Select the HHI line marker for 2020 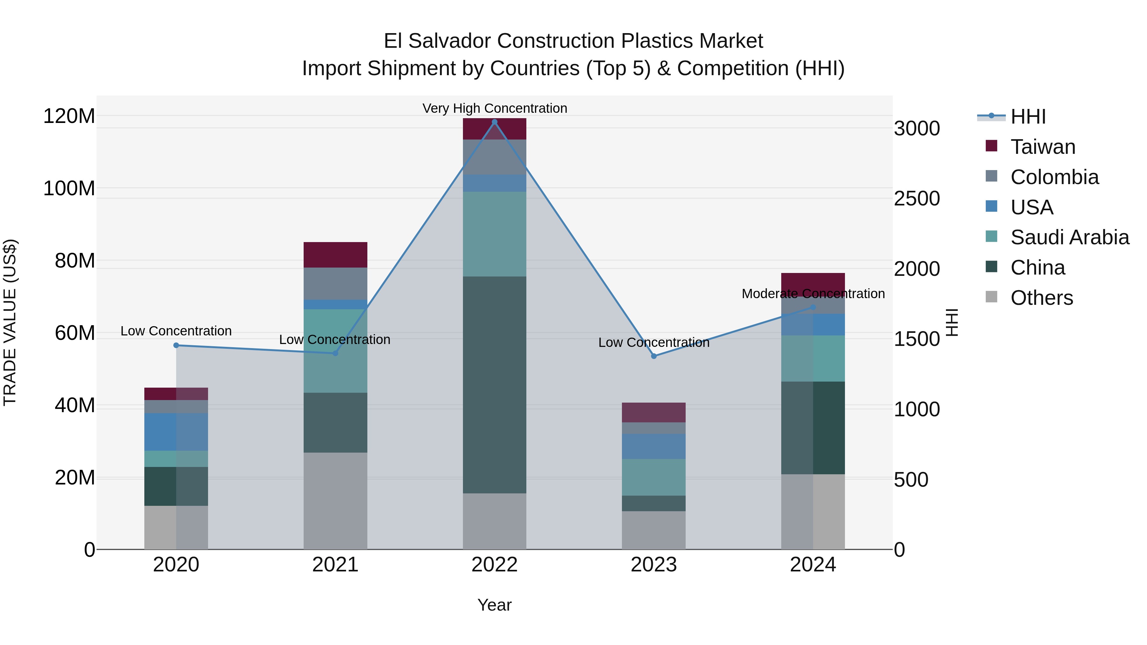[176, 345]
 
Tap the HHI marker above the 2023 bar [654, 356]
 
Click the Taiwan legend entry [1043, 147]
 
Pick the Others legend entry [1042, 298]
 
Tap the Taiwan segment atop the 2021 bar [335, 254]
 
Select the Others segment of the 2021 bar [335, 501]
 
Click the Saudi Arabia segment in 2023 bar [654, 477]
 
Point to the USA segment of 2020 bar [176, 432]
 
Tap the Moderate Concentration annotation [813, 294]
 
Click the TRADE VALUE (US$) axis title [10, 322]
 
